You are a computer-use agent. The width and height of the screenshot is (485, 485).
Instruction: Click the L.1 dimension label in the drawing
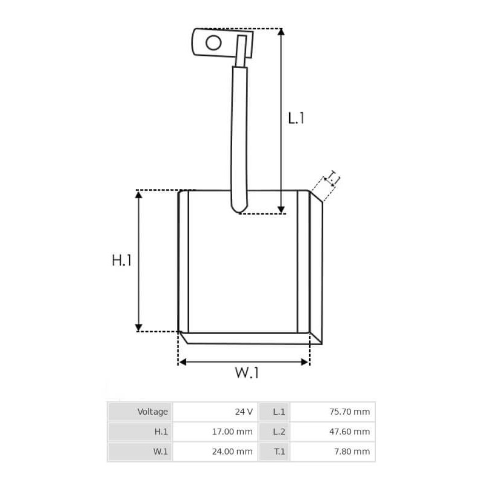pos(296,117)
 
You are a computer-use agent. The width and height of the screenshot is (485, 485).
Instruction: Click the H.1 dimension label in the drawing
pos(121,261)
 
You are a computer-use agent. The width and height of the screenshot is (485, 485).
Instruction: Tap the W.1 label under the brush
pos(247,372)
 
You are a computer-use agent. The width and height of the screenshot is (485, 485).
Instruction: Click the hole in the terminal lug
pos(213,42)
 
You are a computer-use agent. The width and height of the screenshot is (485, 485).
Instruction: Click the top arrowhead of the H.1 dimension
pos(139,195)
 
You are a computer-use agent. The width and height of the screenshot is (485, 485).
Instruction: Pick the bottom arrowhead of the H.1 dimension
pos(139,327)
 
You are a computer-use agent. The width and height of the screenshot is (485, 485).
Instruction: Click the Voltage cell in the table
pos(140,412)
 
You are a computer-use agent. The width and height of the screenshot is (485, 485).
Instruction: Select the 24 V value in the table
pos(215,412)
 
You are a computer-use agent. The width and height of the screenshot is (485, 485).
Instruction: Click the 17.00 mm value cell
pos(215,432)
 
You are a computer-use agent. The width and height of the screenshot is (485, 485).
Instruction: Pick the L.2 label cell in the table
pos(275,432)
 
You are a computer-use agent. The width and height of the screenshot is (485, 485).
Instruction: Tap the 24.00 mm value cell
pos(215,452)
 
